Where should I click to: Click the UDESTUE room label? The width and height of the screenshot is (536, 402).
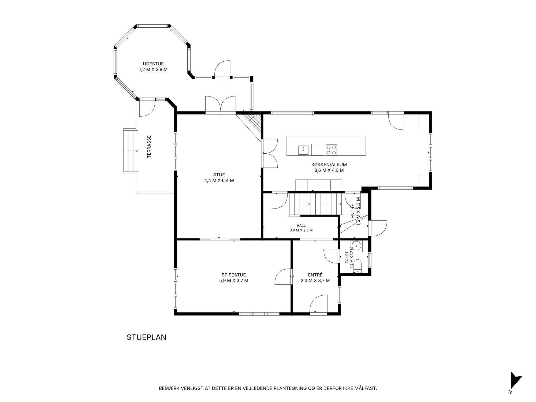tap(153, 64)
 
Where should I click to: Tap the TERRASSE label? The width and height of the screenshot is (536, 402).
tap(149, 146)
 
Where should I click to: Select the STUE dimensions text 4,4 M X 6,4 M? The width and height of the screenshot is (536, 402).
tap(219, 181)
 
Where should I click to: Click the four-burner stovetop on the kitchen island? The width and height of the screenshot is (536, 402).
tap(331, 150)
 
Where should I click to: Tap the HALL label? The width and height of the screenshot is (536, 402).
tap(301, 226)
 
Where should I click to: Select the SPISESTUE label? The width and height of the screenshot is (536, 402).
tap(234, 275)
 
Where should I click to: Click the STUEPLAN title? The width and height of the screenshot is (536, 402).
tap(147, 337)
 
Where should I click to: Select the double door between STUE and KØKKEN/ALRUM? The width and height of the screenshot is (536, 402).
tap(269, 153)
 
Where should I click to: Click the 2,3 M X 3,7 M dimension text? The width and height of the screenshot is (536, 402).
tap(315, 281)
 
